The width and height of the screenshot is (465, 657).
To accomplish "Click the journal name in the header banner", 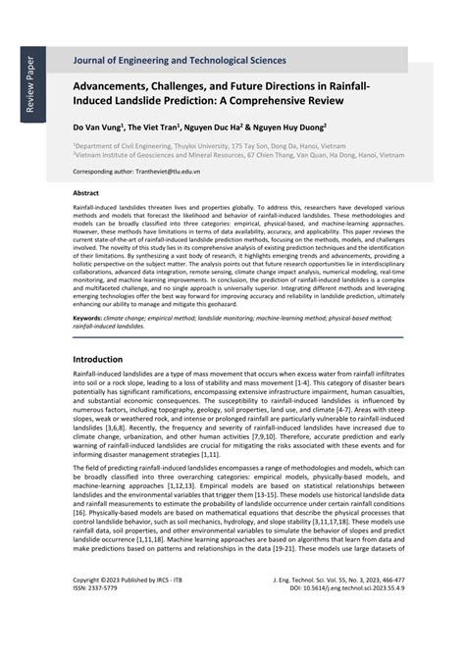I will (179, 60).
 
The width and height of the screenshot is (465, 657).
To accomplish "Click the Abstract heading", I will (86, 194).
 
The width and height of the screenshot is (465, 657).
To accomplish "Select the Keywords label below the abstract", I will (87, 318).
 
